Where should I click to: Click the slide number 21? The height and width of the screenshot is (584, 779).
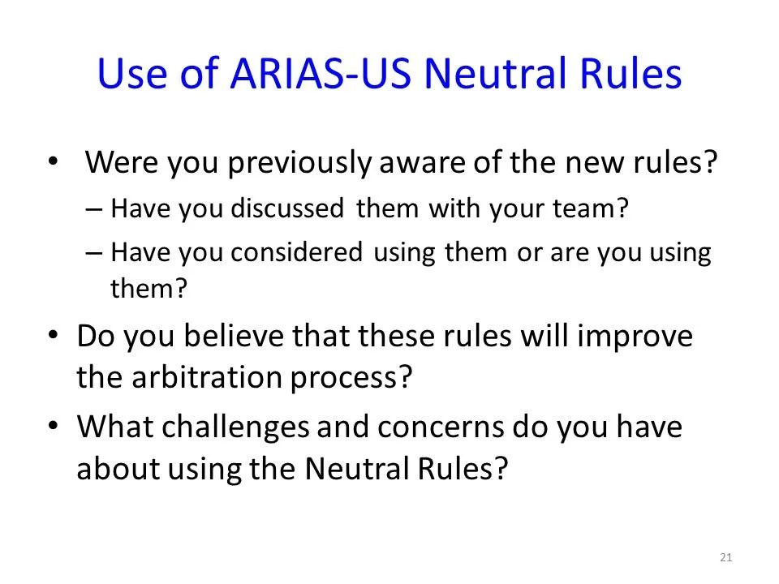(x=726, y=557)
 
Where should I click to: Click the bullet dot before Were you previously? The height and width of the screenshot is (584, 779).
(x=54, y=161)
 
